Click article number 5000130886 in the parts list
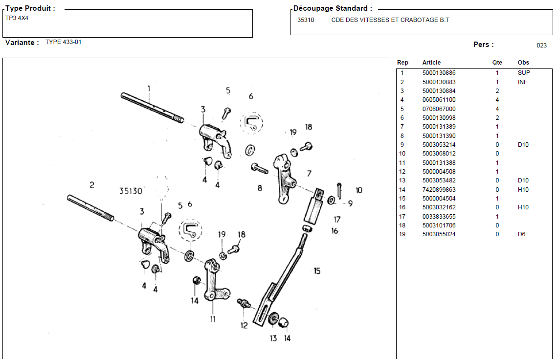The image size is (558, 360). pyautogui.click(x=439, y=73)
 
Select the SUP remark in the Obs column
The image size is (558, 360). pyautogui.click(x=524, y=73)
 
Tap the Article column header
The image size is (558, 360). pyautogui.click(x=431, y=63)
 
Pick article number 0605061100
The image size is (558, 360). pyautogui.click(x=439, y=100)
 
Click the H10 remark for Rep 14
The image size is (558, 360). pyautogui.click(x=523, y=190)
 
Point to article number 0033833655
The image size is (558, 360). pyautogui.click(x=439, y=217)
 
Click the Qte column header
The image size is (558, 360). pyautogui.click(x=497, y=63)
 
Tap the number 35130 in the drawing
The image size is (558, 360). pyautogui.click(x=131, y=191)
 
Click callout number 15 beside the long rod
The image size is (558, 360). pyautogui.click(x=317, y=271)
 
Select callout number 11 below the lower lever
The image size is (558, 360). pyautogui.click(x=213, y=319)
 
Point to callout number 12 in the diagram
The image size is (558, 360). pyautogui.click(x=244, y=326)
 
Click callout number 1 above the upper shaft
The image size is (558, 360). pyautogui.click(x=149, y=89)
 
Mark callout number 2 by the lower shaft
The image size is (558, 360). pyautogui.click(x=91, y=185)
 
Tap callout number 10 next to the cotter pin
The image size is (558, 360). pyautogui.click(x=358, y=190)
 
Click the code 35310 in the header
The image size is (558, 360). pyautogui.click(x=306, y=20)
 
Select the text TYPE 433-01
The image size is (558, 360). pyautogui.click(x=64, y=42)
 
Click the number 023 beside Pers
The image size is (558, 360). pyautogui.click(x=541, y=45)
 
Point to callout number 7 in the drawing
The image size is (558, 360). pyautogui.click(x=309, y=174)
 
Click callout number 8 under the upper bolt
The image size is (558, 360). pyautogui.click(x=260, y=188)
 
